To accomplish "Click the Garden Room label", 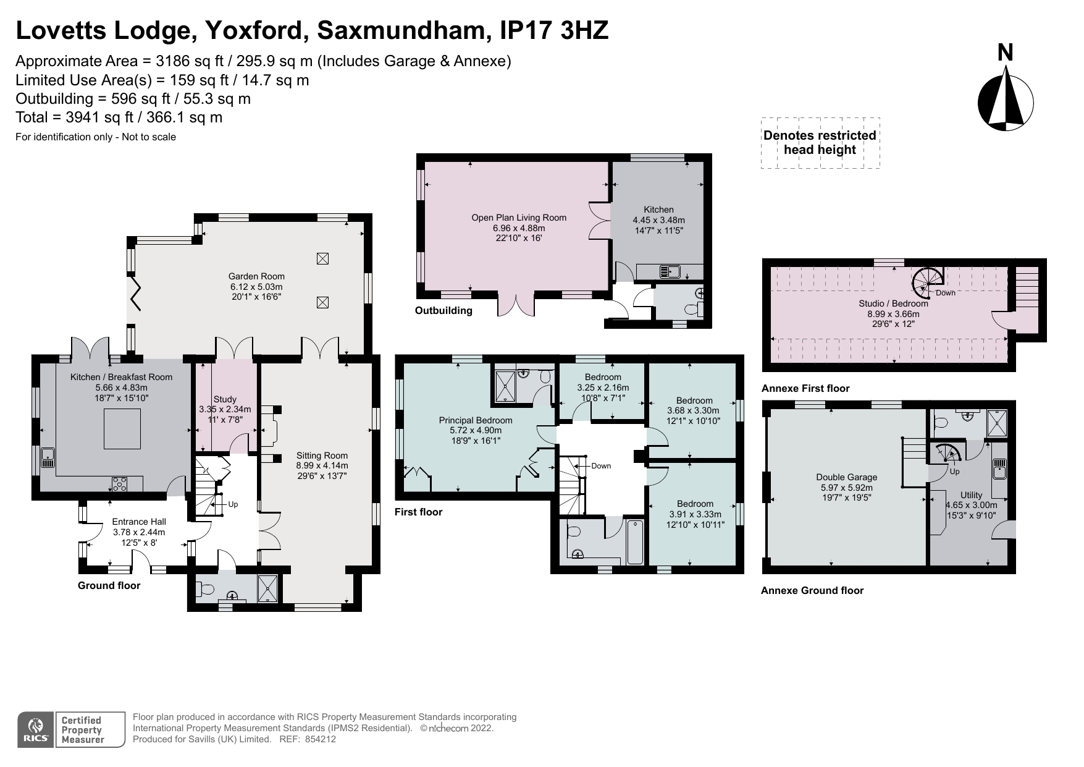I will [x=256, y=276].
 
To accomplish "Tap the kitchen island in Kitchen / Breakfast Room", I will [x=122, y=429].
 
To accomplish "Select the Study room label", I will [x=225, y=399].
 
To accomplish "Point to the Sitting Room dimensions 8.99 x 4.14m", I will [x=322, y=466].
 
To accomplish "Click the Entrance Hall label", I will [x=139, y=522].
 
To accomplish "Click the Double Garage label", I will [x=846, y=477].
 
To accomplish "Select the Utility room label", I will [x=971, y=495].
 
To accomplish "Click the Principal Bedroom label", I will [x=475, y=420].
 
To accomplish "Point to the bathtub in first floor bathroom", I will [x=634, y=542].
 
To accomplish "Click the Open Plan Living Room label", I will [x=518, y=218].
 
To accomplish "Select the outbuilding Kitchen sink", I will [x=669, y=271].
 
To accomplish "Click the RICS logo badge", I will [x=36, y=730].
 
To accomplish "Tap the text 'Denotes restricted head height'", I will [x=820, y=143].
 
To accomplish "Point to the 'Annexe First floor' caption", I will [x=805, y=389].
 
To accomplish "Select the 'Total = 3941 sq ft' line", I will [x=119, y=117].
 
